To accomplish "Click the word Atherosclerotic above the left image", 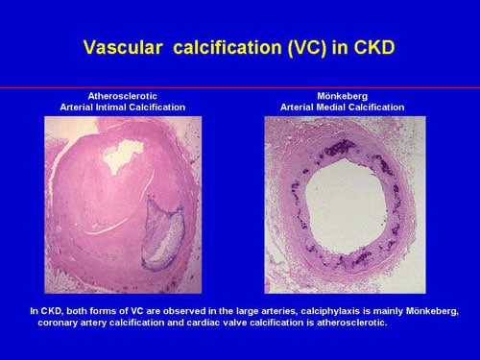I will [x=122, y=96].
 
